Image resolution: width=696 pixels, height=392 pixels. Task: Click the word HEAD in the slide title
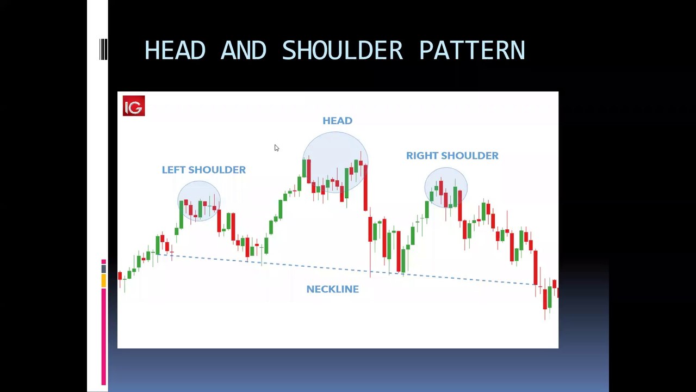(x=175, y=50)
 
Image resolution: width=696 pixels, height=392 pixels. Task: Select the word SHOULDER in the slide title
(x=343, y=50)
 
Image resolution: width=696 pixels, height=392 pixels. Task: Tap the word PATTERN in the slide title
(x=473, y=50)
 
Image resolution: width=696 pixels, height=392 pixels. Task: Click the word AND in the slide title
(x=243, y=50)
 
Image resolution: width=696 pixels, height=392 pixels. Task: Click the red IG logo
(x=134, y=106)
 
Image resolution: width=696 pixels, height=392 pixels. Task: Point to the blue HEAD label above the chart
(x=338, y=121)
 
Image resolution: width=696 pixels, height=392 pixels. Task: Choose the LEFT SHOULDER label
(x=204, y=170)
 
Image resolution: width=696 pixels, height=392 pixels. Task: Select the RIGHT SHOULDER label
(x=452, y=156)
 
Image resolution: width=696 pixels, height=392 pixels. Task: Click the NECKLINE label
(x=332, y=289)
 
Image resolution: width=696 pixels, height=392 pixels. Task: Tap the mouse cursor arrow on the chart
(x=277, y=148)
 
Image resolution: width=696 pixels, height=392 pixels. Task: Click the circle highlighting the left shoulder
(x=178, y=201)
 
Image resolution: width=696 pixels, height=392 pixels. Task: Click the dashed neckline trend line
(x=345, y=269)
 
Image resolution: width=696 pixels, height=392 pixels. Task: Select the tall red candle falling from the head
(x=365, y=188)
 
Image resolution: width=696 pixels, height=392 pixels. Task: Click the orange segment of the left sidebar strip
(x=104, y=280)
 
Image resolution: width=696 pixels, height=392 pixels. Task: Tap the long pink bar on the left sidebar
(x=104, y=337)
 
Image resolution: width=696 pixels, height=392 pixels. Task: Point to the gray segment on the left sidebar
(x=104, y=269)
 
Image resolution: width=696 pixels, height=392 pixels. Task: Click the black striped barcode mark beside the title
(x=103, y=49)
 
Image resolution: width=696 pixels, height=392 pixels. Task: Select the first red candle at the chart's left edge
(x=120, y=275)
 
